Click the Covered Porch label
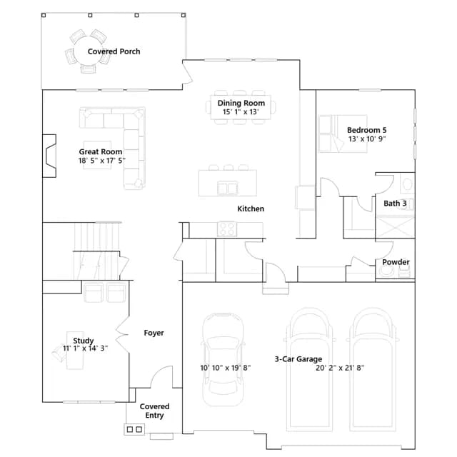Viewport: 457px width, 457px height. click(114, 51)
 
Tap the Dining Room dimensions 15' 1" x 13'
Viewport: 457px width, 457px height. click(241, 112)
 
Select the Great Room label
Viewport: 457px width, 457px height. click(101, 152)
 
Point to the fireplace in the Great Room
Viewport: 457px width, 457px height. click(49, 156)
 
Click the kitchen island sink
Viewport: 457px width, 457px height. click(227, 188)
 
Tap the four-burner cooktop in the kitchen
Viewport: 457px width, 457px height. click(227, 228)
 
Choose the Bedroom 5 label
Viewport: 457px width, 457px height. click(366, 130)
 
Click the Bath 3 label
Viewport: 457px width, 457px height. click(395, 204)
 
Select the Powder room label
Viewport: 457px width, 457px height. click(396, 262)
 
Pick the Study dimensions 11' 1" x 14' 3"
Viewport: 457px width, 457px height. click(86, 348)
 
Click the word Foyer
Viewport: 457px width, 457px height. click(154, 333)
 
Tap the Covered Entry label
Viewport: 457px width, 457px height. click(154, 411)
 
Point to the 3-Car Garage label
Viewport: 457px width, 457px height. click(298, 359)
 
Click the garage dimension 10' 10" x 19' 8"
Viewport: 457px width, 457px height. click(226, 368)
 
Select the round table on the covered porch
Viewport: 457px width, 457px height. click(87, 51)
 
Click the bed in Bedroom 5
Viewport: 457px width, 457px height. click(343, 134)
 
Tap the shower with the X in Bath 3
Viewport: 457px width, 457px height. click(395, 227)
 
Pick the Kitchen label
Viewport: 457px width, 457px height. click(251, 209)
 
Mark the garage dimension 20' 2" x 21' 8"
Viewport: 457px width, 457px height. click(340, 368)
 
